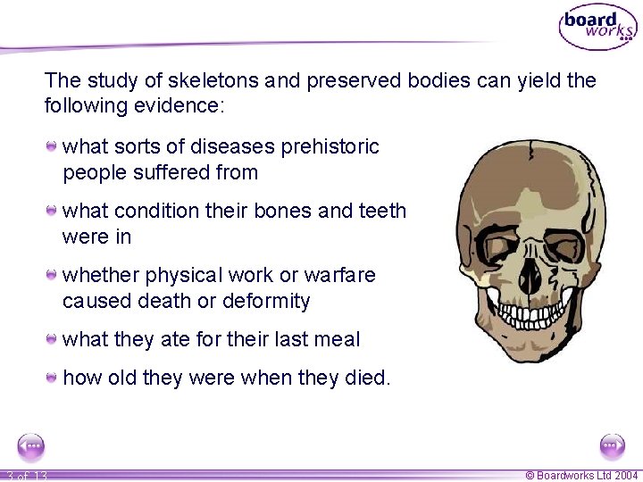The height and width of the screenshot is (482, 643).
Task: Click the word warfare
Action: pos(339,275)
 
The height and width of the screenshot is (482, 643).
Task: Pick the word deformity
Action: pos(266,301)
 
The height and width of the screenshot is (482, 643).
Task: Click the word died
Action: pos(366,378)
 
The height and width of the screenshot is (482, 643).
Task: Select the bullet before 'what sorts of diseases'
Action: pos(54,145)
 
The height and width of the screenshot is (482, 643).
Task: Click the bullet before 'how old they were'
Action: pos(54,377)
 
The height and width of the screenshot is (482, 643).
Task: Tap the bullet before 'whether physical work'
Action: pos(54,274)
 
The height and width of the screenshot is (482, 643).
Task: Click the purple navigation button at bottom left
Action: pos(30,445)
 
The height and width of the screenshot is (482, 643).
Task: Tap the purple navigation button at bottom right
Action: pos(613,445)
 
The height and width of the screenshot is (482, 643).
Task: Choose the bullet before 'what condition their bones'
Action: pos(54,210)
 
